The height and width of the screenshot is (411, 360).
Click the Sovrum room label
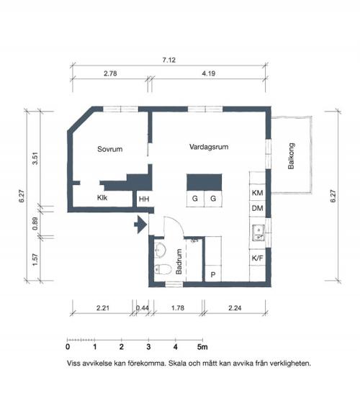click(110, 149)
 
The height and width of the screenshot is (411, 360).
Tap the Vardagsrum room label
click(209, 147)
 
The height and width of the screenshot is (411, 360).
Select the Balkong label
click(291, 156)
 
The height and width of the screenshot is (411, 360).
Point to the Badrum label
click(179, 261)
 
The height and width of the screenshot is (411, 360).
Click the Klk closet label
click(102, 198)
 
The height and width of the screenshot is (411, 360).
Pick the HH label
click(144, 199)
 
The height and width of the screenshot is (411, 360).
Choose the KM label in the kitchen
click(257, 193)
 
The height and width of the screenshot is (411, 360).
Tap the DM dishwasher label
click(257, 209)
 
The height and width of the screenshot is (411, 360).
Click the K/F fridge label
click(257, 258)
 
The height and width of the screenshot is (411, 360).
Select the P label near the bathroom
click(213, 275)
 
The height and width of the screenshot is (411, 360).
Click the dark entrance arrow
click(140, 225)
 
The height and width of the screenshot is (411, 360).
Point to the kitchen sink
click(258, 233)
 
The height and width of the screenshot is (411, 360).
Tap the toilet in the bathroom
click(163, 269)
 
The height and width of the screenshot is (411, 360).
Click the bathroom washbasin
click(160, 250)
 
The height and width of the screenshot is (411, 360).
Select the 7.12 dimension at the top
click(169, 60)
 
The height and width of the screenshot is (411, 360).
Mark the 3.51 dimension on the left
click(35, 158)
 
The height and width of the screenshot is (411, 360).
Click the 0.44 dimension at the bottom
click(143, 308)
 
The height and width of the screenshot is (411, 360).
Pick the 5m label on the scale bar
click(202, 347)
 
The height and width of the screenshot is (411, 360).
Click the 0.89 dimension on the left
click(35, 224)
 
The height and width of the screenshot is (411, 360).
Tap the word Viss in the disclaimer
click(74, 363)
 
